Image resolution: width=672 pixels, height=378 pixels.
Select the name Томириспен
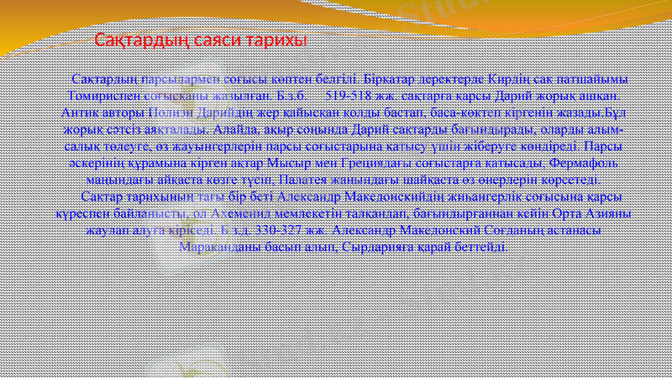point(102,95)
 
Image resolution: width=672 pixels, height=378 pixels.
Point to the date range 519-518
point(353,95)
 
